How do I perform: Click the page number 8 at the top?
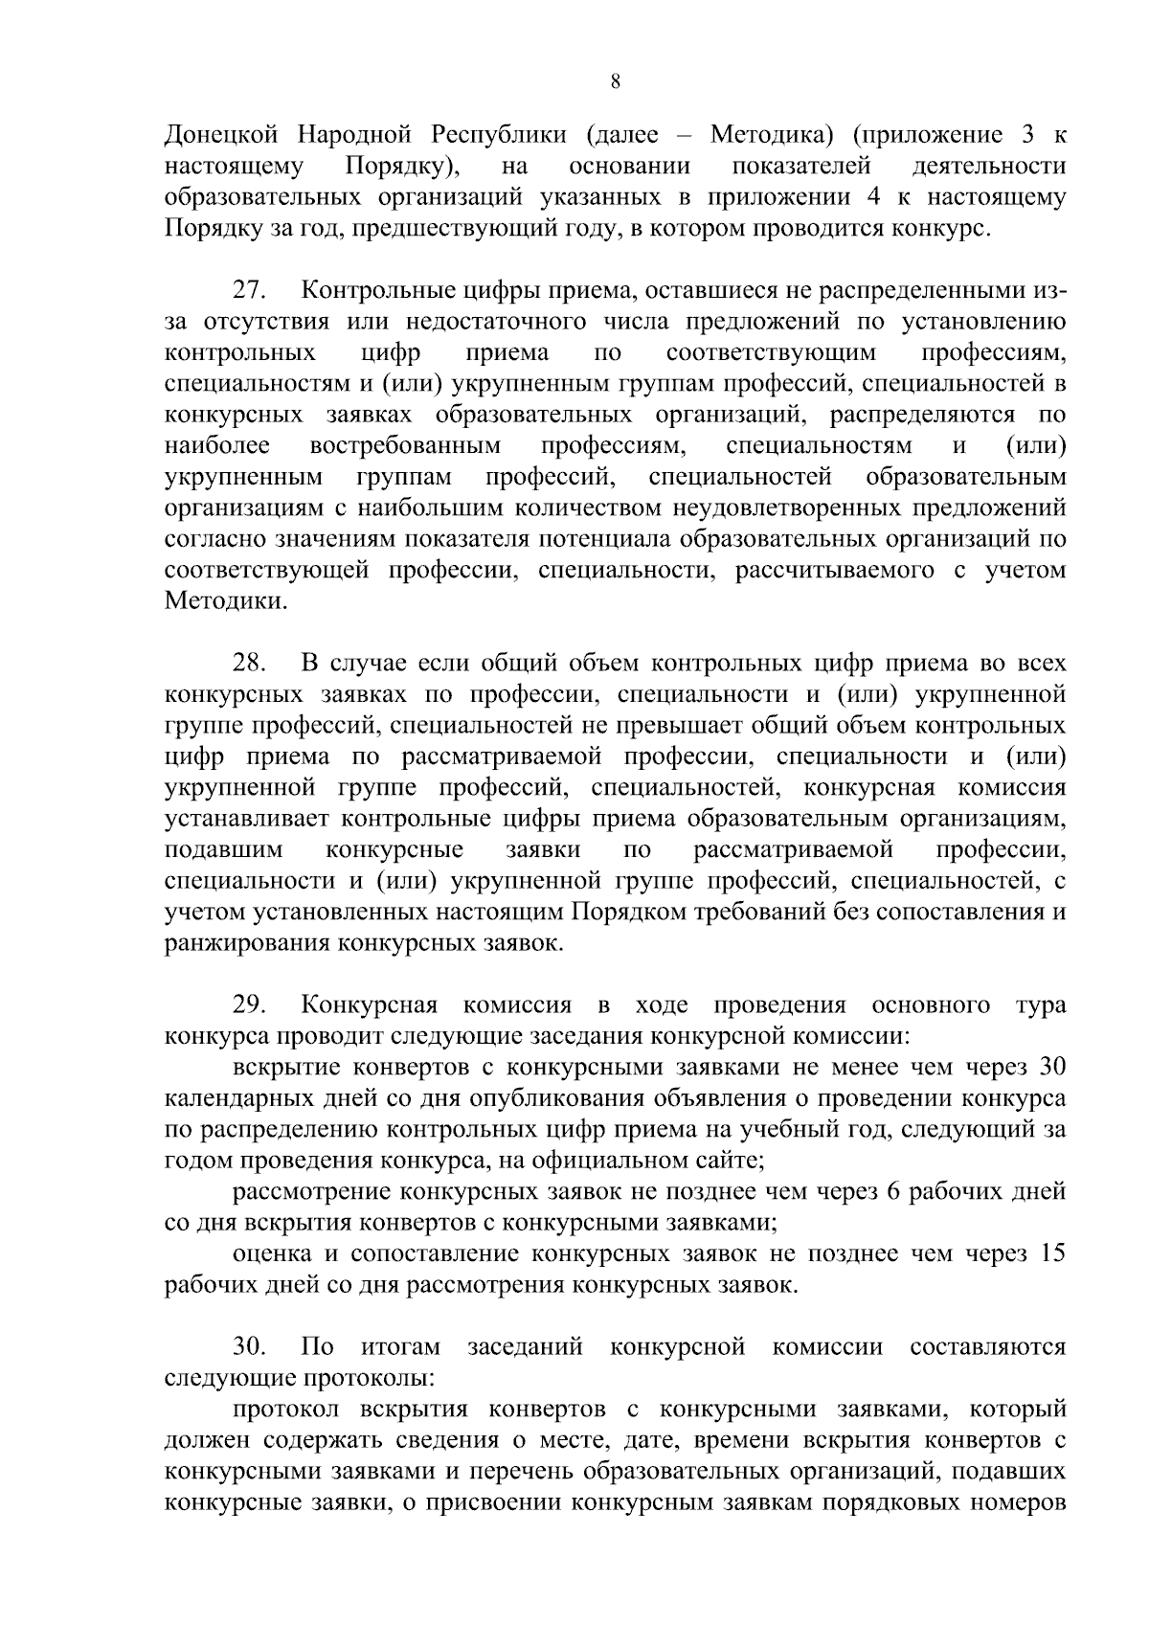(x=616, y=83)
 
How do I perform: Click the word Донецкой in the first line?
(x=222, y=135)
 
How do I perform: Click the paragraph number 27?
(x=251, y=290)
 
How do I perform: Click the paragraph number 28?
(x=251, y=663)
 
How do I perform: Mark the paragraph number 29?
(x=251, y=1004)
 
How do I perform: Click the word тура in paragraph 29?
(x=1039, y=1004)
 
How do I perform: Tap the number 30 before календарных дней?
(x=1051, y=1067)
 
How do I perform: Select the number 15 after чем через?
(x=1051, y=1253)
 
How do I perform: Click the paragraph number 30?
(x=251, y=1346)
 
